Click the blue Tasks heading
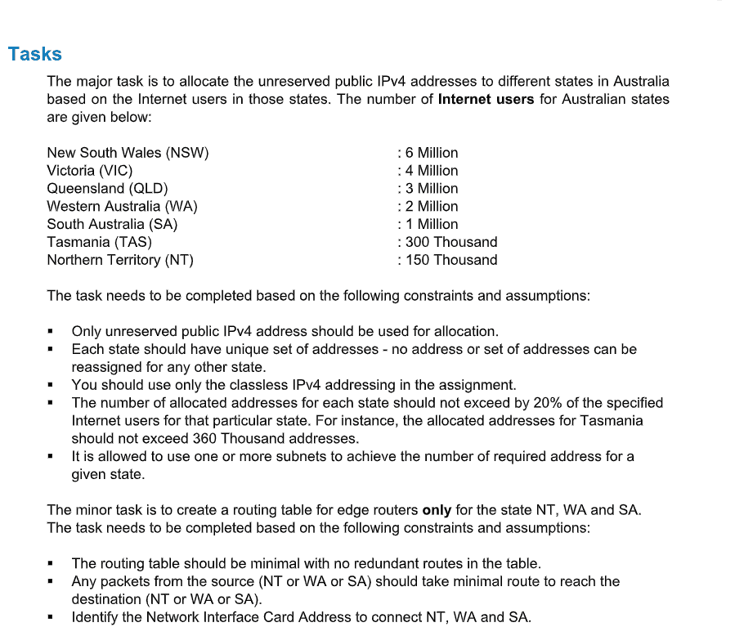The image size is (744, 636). (x=35, y=54)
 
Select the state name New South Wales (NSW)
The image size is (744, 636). (x=128, y=153)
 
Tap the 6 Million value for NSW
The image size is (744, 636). (x=431, y=153)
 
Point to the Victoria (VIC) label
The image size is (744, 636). (x=90, y=171)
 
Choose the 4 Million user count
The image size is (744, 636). (x=431, y=171)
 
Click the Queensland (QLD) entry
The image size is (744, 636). (x=107, y=189)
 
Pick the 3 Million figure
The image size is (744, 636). (x=431, y=189)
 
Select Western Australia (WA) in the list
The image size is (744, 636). (x=122, y=207)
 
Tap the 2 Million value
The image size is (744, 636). (x=431, y=207)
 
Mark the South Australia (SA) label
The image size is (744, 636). (x=112, y=224)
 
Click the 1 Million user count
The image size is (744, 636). (x=431, y=224)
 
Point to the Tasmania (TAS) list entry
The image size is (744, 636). (x=99, y=242)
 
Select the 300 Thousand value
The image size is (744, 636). (x=450, y=242)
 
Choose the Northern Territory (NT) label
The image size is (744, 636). (x=120, y=260)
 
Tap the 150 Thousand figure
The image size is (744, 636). (x=450, y=260)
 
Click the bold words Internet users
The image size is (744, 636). (x=486, y=100)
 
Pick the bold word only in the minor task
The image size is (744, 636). (x=437, y=510)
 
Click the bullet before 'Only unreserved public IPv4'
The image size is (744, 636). (x=51, y=332)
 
